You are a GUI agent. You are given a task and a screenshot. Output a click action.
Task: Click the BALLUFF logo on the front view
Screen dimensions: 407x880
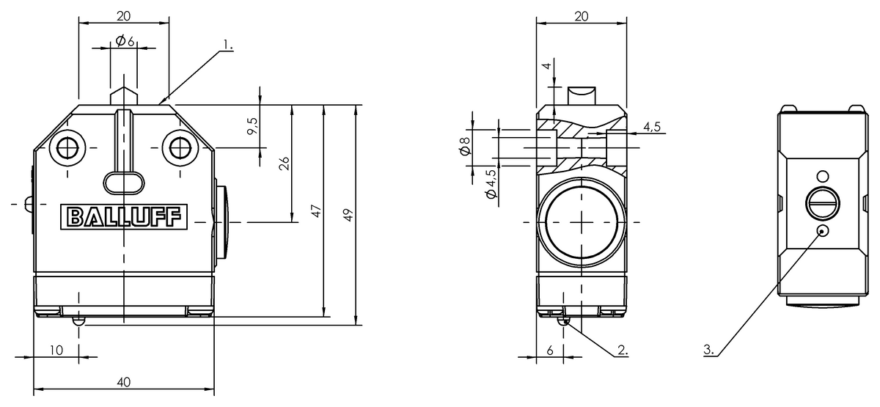click(x=124, y=217)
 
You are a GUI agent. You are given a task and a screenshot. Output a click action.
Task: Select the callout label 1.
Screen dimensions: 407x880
click(x=228, y=45)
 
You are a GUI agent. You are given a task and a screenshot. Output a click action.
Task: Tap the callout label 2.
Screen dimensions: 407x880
click(x=622, y=351)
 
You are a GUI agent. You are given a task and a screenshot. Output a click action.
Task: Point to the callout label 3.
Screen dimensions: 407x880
click(x=709, y=351)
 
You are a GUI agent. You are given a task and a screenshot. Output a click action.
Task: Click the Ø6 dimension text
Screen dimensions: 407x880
click(x=125, y=42)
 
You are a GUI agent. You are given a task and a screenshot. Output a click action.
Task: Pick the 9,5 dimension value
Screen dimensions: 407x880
click(x=252, y=126)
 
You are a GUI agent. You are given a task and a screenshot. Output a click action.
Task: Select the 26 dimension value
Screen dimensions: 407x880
click(x=285, y=163)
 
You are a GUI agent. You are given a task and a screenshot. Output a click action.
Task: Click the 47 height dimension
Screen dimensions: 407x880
click(x=316, y=212)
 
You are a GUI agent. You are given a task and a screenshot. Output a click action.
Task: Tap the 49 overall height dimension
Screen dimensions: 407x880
click(x=348, y=215)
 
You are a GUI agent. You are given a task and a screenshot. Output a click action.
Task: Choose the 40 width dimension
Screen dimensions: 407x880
click(x=124, y=381)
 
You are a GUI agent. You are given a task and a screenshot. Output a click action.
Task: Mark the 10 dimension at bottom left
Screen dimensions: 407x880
click(x=56, y=349)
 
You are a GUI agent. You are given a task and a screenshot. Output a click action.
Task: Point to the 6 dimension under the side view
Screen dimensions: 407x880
click(x=550, y=350)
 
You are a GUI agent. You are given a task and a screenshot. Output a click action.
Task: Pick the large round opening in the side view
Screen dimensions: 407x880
click(x=581, y=222)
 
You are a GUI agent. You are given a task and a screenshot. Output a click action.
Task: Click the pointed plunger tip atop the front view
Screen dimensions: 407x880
click(x=124, y=93)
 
